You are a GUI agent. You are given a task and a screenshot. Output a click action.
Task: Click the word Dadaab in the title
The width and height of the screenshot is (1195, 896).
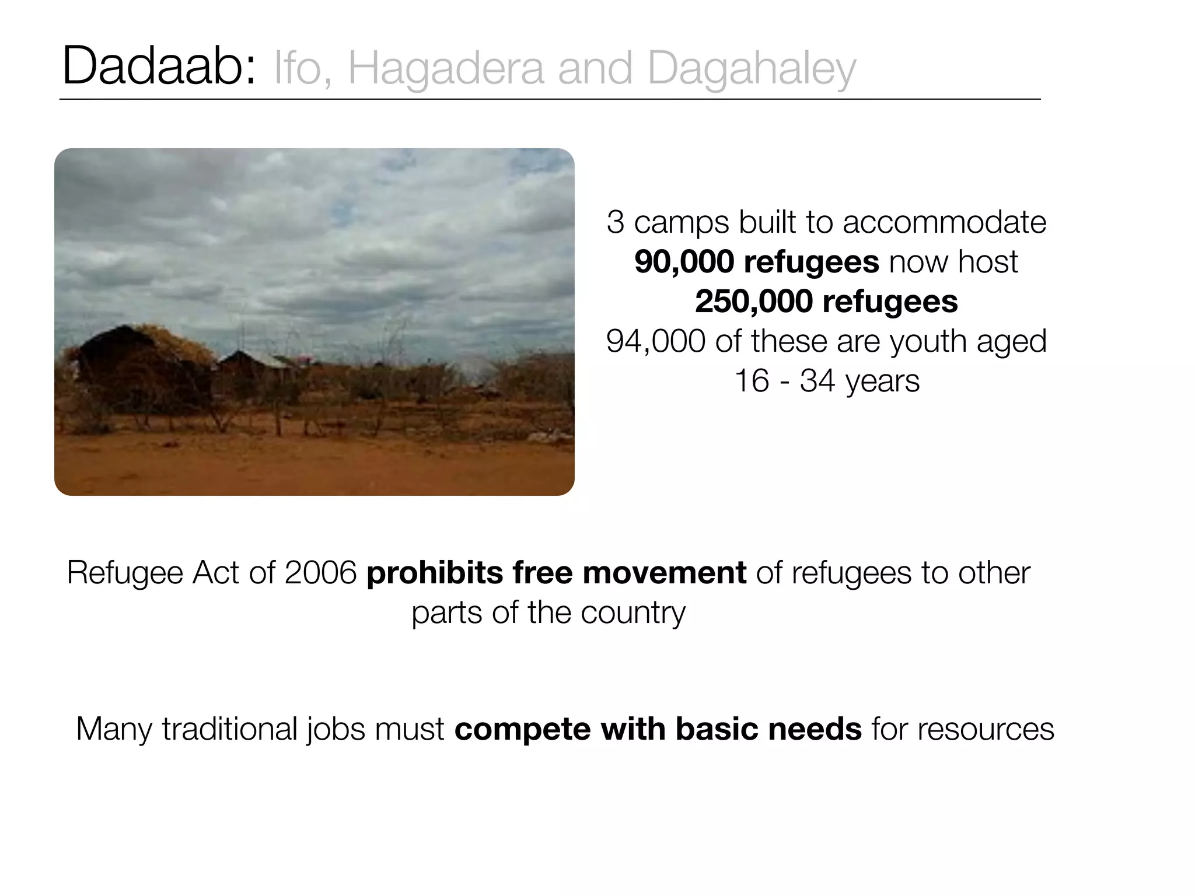coord(158,68)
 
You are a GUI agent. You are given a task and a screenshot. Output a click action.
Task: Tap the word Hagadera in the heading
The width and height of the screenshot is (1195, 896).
coord(445,69)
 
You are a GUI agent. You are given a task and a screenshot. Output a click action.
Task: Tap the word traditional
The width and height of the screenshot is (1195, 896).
coord(230,729)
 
